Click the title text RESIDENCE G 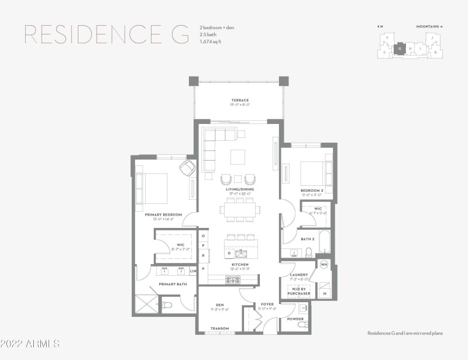(x=106, y=34)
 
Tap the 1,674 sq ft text (x=211, y=41)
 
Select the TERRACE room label (x=240, y=101)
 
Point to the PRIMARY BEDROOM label (x=163, y=214)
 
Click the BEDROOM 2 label (x=312, y=191)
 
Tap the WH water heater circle (x=324, y=265)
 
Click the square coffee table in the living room (x=238, y=158)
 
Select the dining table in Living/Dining (x=240, y=209)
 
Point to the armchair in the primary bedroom (x=188, y=168)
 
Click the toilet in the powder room (x=302, y=323)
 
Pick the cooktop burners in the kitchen (x=232, y=280)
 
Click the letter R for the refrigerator (x=203, y=255)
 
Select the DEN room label (x=220, y=304)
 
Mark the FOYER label (x=267, y=304)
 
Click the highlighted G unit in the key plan (x=400, y=49)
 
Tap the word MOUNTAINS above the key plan (x=428, y=26)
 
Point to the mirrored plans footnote (x=405, y=333)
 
